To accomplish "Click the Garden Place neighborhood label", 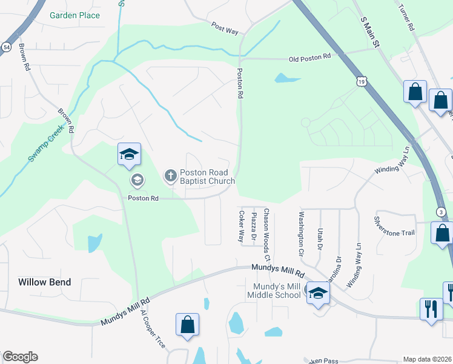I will click(75, 15).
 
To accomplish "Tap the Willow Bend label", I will click(45, 282).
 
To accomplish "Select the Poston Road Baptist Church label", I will click(207, 177).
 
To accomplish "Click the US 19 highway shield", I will click(362, 81).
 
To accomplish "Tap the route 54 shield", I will click(6, 47).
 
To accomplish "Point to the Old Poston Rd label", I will click(309, 58).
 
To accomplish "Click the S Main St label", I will click(370, 32).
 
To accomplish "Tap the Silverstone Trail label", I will click(394, 225).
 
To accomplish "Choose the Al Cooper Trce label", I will click(152, 328).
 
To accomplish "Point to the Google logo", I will click(20, 357).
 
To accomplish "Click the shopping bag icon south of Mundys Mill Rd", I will click(188, 324).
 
